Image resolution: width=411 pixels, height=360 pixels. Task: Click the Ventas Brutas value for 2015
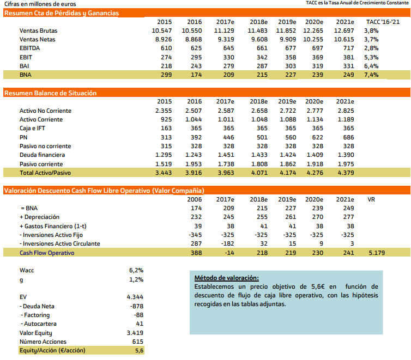162,30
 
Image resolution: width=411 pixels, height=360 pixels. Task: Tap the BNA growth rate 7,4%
371,74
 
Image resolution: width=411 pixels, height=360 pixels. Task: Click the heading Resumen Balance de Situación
51,93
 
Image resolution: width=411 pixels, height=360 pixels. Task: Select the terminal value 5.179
377,253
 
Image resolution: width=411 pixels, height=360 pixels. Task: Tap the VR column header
372,199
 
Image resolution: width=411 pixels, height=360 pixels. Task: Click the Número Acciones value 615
138,341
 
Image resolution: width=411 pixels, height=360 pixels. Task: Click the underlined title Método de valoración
227,278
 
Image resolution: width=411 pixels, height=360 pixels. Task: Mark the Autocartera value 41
139,324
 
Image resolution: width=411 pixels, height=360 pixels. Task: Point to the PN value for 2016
194,137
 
